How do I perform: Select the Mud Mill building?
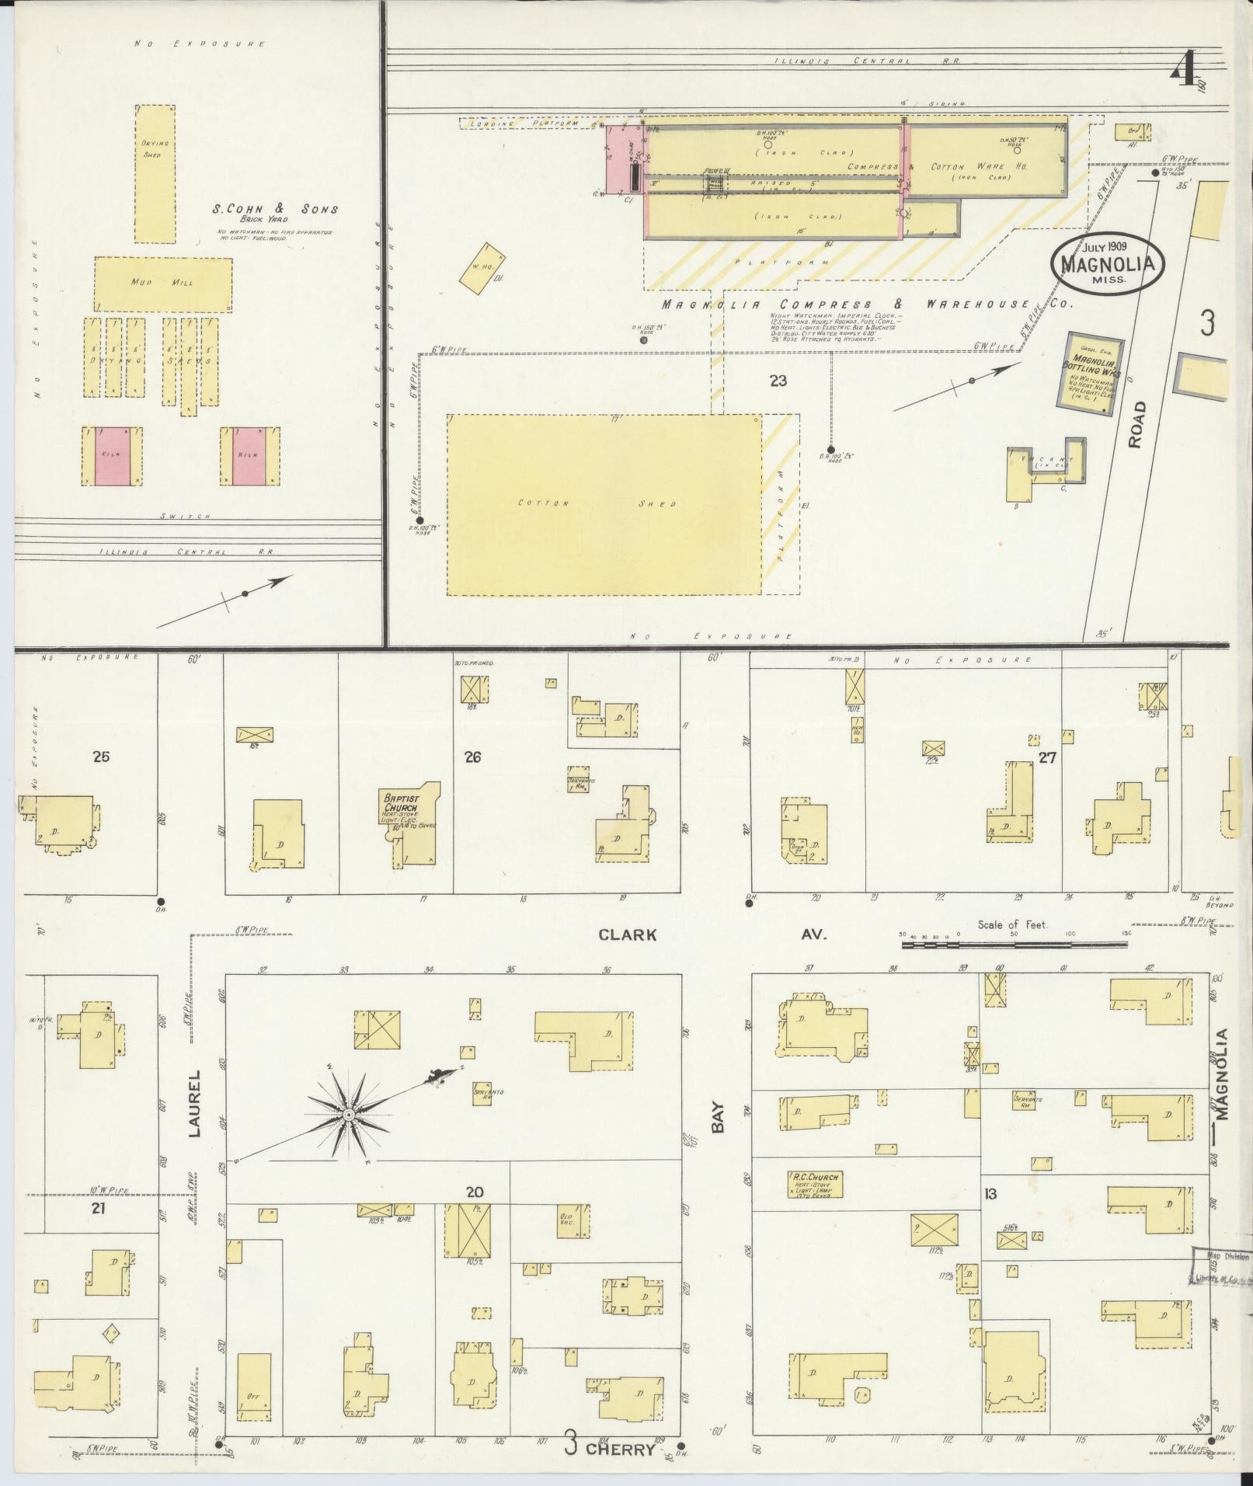(163, 284)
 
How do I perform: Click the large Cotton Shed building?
(604, 505)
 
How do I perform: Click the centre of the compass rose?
(349, 1115)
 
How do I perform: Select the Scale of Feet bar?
(1014, 945)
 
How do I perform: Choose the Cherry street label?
(620, 1449)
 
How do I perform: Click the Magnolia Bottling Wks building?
(1094, 370)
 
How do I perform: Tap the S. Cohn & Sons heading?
(276, 209)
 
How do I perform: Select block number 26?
(472, 757)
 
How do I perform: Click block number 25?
(101, 756)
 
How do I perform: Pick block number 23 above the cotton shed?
(778, 381)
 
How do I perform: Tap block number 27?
(1047, 757)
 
